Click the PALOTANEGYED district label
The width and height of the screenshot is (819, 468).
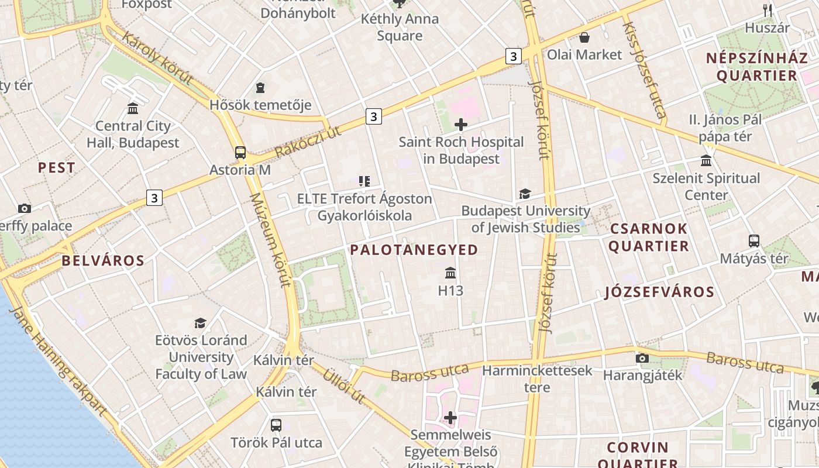point(414,250)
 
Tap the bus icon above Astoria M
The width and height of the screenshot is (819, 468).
point(240,153)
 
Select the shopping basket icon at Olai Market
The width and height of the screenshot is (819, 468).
point(584,38)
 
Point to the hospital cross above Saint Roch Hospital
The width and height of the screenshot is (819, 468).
point(461,125)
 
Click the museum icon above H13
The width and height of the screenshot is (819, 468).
point(450,273)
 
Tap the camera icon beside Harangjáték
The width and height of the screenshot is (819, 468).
point(642,358)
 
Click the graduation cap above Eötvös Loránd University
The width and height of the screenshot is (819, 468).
point(201,323)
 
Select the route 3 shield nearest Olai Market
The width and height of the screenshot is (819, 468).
point(513,56)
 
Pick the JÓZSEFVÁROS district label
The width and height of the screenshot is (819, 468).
point(659,292)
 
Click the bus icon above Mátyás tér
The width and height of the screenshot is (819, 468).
point(754,240)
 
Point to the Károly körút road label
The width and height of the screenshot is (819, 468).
point(157,58)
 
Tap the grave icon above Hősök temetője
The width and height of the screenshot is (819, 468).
point(260,88)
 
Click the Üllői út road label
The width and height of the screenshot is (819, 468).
point(345,385)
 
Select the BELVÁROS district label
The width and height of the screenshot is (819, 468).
point(103,261)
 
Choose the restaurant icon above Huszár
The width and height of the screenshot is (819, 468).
point(768,10)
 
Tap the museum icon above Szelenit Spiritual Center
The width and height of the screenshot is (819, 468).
point(706,161)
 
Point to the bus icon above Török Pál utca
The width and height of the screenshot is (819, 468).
point(276,425)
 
